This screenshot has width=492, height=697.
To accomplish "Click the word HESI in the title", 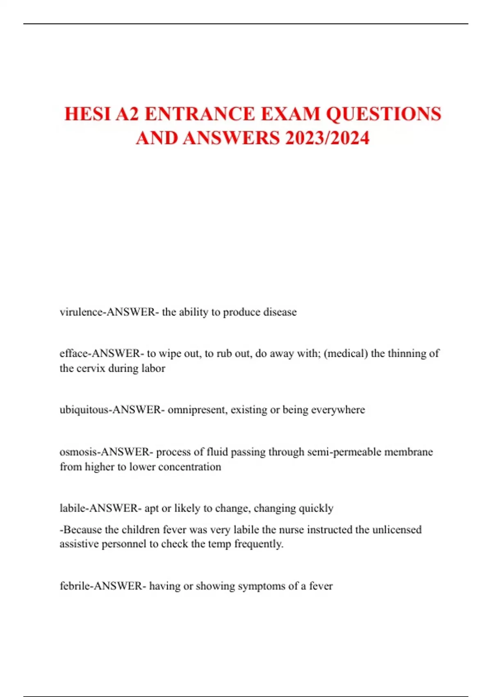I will pos(87,114).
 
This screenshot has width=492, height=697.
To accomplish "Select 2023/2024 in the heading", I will pos(327,138).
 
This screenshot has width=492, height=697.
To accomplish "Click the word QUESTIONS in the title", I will pos(383,114).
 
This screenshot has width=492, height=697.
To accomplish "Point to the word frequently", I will pos(259,544).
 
